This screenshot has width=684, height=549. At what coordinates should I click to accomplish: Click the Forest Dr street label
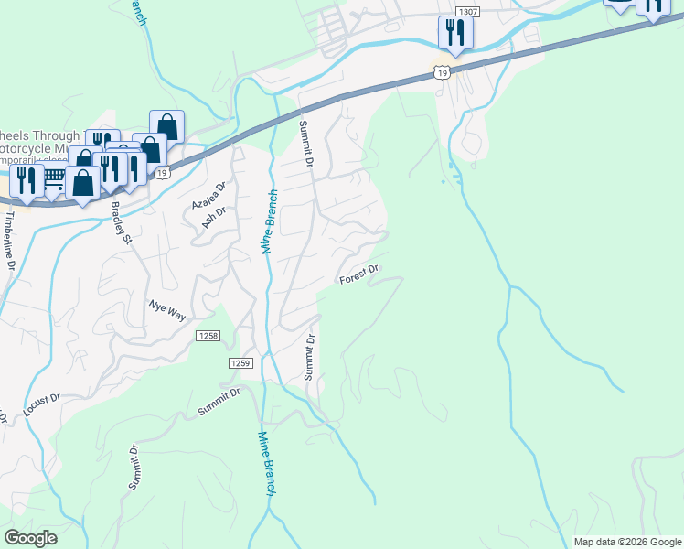[x=359, y=274]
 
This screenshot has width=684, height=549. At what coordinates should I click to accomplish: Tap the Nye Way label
[x=168, y=309]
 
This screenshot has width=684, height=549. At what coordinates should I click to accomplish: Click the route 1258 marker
[x=208, y=337]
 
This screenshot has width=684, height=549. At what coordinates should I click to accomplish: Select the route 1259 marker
[x=240, y=363]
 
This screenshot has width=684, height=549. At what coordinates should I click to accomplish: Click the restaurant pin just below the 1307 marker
[x=454, y=34]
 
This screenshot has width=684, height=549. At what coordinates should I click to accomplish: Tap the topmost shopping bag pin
[x=167, y=126]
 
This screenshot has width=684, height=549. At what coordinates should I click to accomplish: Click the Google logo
[x=31, y=538]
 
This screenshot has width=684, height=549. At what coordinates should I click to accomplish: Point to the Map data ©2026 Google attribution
[x=626, y=542]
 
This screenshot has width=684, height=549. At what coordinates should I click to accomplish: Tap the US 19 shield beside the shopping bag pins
[x=161, y=173]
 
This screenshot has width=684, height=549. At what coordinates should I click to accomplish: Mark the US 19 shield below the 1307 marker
[x=443, y=72]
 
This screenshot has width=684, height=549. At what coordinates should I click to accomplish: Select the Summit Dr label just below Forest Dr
[x=309, y=358]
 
